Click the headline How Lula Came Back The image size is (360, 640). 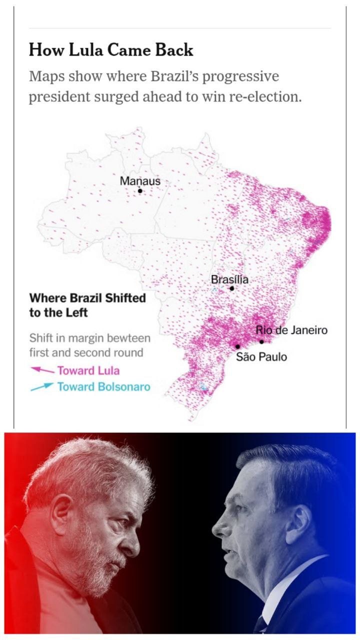tap(111, 50)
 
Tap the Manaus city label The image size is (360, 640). tap(140, 181)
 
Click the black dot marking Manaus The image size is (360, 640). tap(140, 191)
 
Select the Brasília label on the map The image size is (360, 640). tap(229, 279)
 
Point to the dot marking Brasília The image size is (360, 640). tap(232, 288)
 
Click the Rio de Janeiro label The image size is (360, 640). tap(291, 330)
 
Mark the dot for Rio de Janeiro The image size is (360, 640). tap(261, 341)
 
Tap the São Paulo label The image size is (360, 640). tap(261, 357)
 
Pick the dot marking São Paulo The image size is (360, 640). tap(237, 346)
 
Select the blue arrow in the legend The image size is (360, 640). tap(42, 386)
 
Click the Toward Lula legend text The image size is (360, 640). tap(88, 370)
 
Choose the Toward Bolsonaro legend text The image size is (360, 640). tap(104, 387)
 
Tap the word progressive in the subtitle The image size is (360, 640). tap(240, 76)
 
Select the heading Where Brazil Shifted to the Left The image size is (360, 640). tap(87, 305)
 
